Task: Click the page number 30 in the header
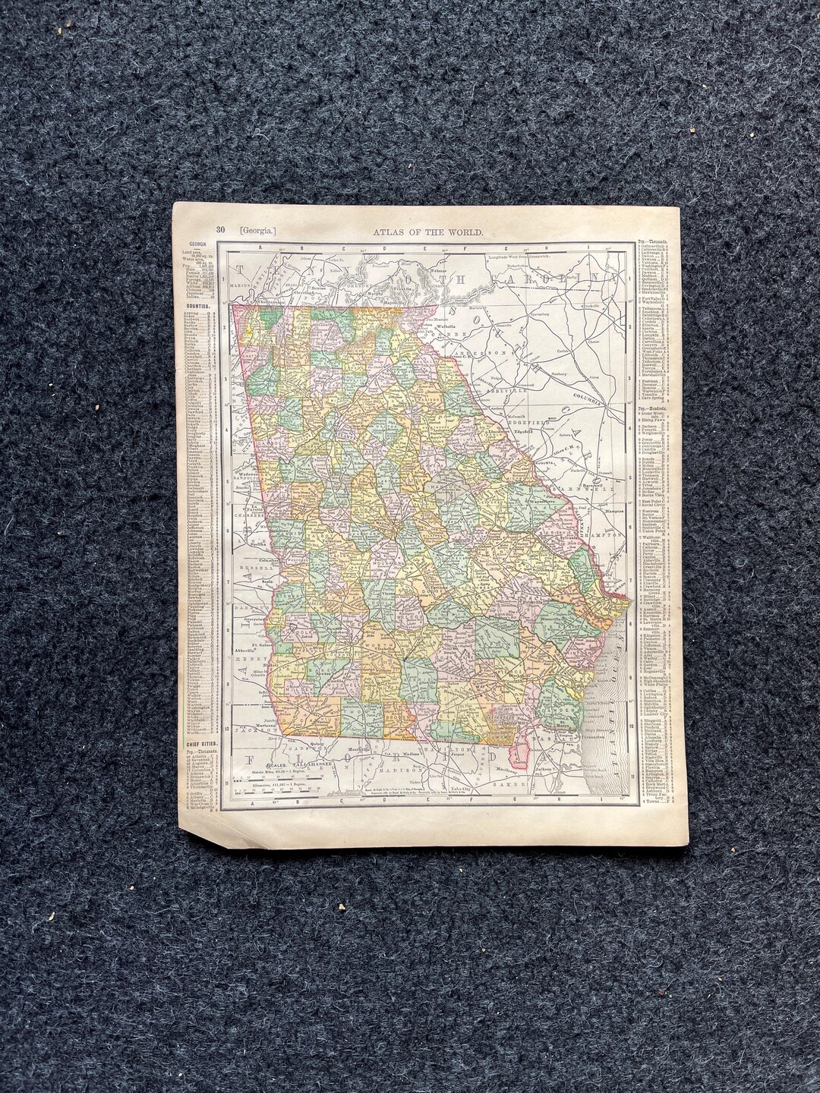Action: point(221,229)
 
